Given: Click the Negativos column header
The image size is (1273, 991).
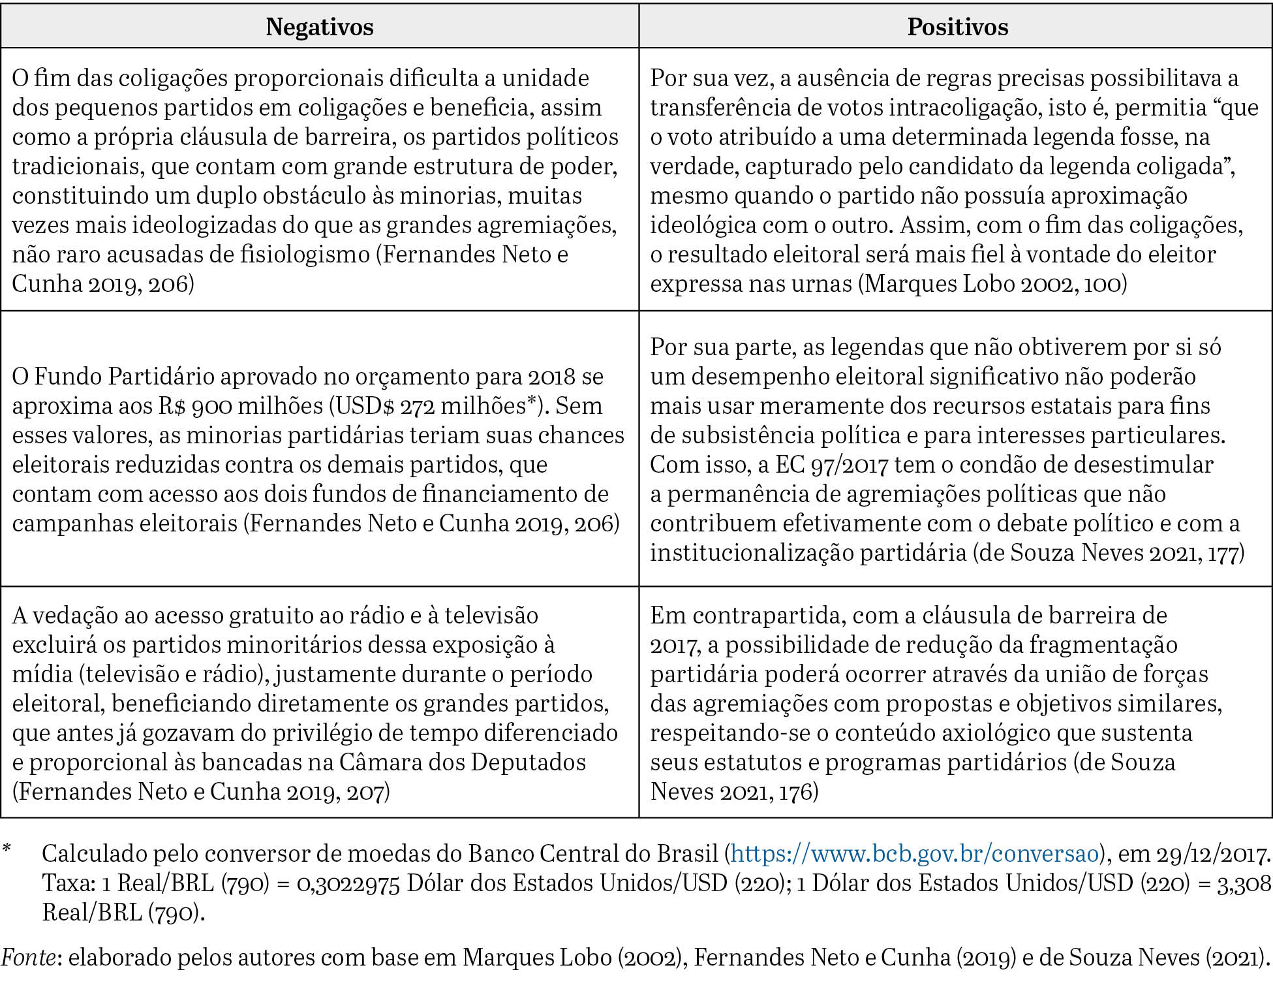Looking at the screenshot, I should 319,27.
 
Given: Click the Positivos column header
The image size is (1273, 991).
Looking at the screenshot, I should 957,27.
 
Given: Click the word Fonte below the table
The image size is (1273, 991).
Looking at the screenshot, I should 28,956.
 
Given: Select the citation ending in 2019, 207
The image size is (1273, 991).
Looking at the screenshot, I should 202,791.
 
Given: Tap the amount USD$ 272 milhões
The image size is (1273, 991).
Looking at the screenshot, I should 431,405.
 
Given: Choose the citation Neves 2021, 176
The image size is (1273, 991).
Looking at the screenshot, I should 733,791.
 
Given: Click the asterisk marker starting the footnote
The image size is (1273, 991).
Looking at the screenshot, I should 7,849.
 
